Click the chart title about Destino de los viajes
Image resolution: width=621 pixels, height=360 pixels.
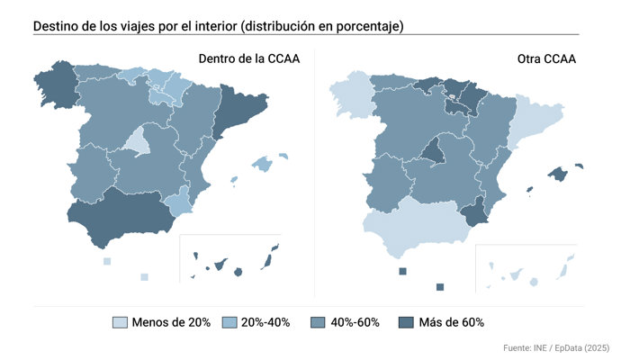(218, 26)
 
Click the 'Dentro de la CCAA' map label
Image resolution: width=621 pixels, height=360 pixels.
(249, 59)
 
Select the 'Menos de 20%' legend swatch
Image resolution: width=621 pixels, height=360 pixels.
(120, 322)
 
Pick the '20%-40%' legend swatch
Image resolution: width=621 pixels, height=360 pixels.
(226, 322)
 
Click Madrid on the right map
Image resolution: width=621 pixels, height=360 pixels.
(434, 151)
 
